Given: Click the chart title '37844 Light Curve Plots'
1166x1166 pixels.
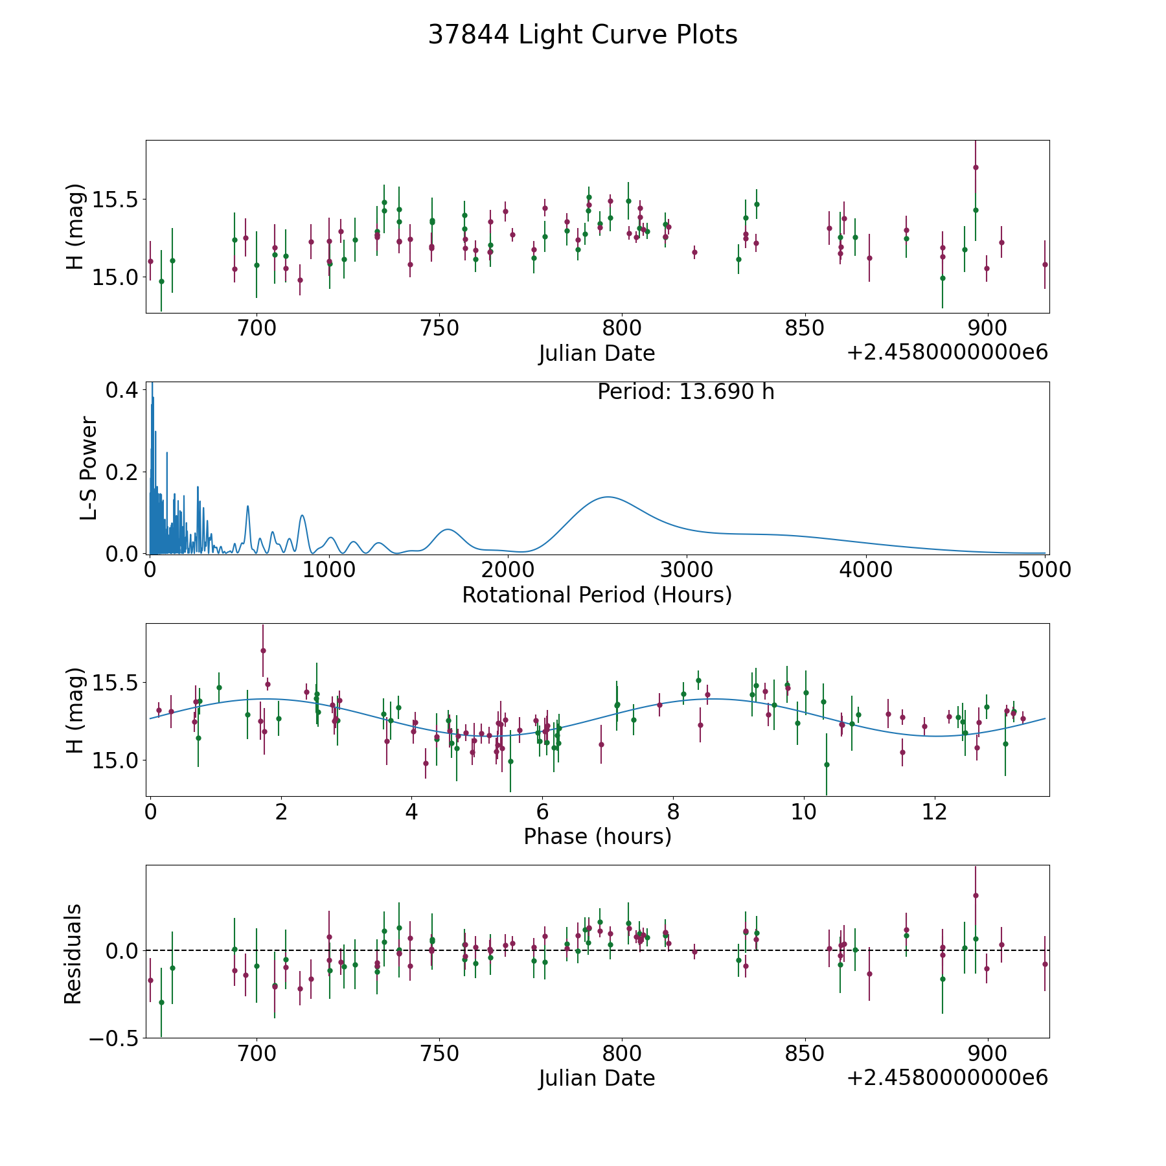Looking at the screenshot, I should point(582,35).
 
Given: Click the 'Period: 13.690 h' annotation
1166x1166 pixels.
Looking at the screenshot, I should point(685,392).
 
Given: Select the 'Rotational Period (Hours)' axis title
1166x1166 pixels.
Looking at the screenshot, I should point(597,595).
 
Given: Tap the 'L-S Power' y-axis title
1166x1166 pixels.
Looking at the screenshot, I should point(89,468).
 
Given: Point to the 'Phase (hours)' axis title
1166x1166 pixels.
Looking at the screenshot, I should point(597,836).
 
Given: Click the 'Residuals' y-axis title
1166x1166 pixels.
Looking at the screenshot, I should point(73,954).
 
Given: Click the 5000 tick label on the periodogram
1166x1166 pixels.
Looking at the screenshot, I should point(1044,570).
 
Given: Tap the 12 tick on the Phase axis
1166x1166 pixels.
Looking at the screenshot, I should point(935,812).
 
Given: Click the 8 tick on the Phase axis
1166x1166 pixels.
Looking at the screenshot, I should point(674,812).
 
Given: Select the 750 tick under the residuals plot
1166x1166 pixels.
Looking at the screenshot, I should point(439,1054).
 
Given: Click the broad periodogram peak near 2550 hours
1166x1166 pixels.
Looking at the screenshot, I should point(608,497).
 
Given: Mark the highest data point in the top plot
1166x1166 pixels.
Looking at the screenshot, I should point(976,167).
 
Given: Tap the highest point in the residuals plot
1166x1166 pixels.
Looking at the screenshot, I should point(976,895).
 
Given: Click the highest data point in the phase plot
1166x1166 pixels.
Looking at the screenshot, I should point(263,650).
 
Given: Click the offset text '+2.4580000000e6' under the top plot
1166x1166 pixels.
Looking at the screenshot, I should point(947,352).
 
